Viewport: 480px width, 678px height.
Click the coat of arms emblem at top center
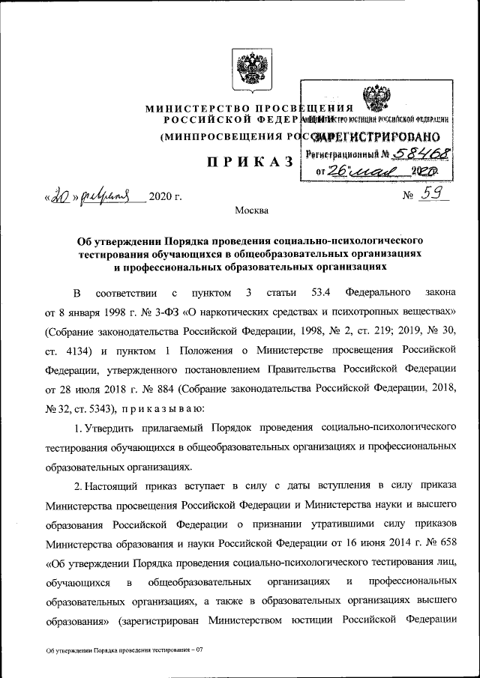240,68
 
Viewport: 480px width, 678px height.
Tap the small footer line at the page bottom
124,650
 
